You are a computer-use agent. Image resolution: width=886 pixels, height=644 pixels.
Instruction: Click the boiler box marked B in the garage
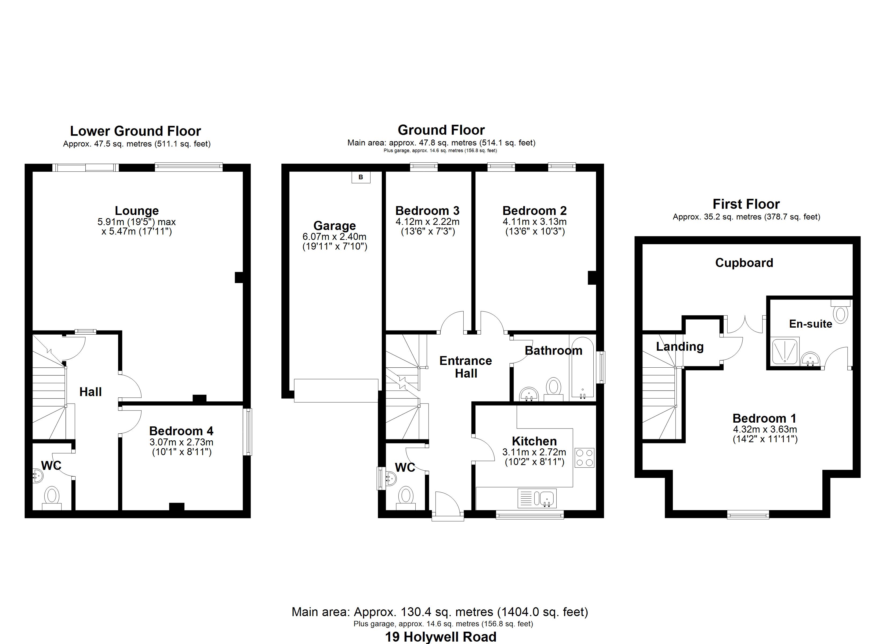[361, 177]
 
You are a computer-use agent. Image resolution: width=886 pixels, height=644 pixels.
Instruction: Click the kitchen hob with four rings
[584, 458]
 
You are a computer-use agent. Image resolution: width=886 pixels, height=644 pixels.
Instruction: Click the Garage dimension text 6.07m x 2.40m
[335, 236]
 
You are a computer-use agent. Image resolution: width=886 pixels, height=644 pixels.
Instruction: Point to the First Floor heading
[746, 204]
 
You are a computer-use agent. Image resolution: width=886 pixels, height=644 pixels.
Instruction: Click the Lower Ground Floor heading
[136, 131]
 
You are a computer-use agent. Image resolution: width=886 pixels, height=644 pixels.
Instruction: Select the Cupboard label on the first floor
[744, 263]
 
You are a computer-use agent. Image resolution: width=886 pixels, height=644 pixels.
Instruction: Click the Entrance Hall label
[466, 367]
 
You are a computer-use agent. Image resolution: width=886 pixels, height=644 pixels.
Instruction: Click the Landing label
[680, 346]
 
